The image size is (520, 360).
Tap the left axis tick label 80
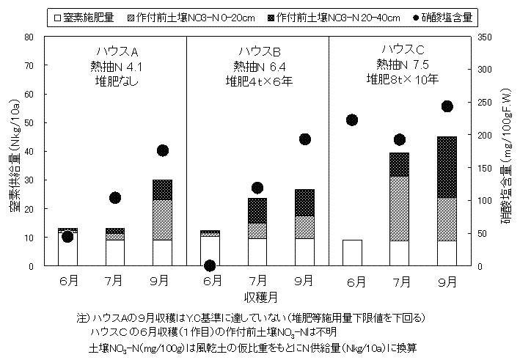pos(28,37)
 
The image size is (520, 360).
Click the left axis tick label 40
pos(28,152)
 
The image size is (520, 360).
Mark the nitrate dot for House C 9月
pos(447,106)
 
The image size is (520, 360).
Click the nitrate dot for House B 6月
pos(210,265)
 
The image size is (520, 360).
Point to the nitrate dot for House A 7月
pos(115,198)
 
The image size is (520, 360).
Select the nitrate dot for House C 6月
pos(352,120)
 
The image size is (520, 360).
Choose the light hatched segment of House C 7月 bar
pos(400,208)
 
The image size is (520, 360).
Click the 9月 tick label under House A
pos(163,281)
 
